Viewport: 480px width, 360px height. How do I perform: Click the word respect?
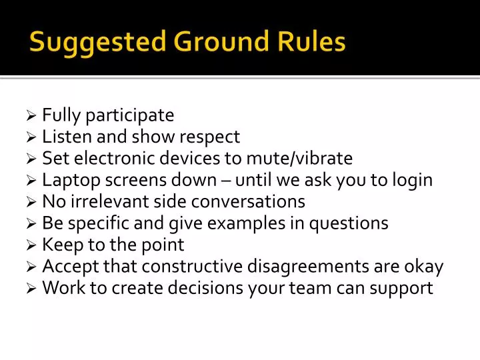coord(211,137)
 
